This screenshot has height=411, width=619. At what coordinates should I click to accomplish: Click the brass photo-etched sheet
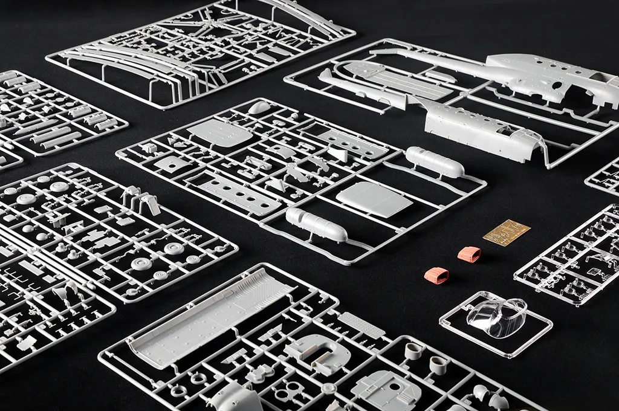(x=507, y=233)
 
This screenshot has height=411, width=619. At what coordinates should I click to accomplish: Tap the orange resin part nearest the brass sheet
(x=469, y=254)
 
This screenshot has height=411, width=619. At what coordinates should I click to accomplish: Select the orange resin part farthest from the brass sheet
(x=436, y=276)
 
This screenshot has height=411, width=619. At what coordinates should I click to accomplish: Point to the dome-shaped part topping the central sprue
(x=259, y=108)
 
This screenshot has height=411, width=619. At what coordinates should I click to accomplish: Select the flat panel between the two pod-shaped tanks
(x=374, y=199)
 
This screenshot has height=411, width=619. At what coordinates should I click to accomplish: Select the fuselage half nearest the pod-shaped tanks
(x=478, y=130)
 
